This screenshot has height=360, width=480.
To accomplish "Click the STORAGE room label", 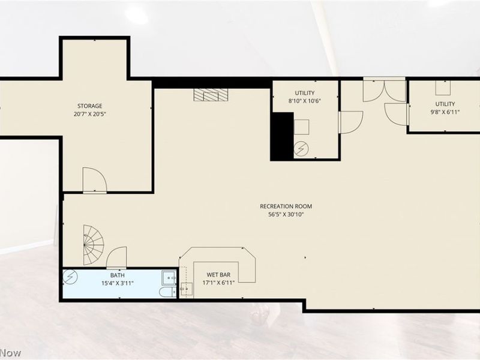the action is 89,106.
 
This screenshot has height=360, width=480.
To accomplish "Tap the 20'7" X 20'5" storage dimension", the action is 89,114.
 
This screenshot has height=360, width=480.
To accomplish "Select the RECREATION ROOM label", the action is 286,206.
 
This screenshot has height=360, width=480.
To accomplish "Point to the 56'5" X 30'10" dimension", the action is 286,215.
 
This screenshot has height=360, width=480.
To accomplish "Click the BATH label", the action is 118,275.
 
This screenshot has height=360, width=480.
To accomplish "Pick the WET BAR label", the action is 218,275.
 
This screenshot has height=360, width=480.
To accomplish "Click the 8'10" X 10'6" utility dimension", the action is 305,101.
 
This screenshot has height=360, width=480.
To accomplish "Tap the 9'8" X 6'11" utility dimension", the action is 445,112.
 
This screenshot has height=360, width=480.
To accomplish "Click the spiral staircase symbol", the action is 94,245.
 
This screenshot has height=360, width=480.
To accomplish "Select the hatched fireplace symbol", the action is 211,95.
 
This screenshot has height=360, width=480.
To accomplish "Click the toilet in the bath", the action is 167,292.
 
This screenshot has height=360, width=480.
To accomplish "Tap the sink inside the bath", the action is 169,277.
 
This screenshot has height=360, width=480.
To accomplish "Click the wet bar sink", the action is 186,289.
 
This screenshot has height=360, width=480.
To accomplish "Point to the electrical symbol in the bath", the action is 70,277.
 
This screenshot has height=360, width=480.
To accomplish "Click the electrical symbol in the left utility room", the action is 301,149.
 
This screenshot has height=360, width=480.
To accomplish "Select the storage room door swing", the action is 95,181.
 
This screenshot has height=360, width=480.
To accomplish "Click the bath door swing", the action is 116,257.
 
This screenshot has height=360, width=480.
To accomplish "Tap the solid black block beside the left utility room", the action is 282,136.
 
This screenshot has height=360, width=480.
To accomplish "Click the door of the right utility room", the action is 396,114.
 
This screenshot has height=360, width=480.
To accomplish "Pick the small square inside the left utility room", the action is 302,127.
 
